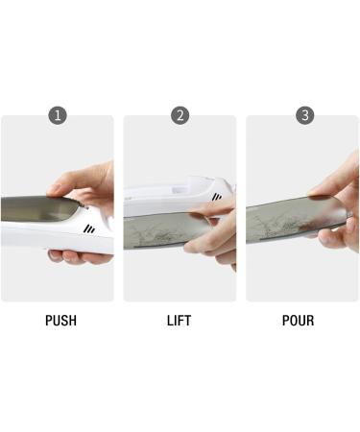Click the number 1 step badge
[58, 115]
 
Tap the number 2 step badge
[180, 115]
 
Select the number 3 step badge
[305, 115]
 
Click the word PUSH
[60, 321]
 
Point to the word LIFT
[180, 321]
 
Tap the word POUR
[299, 321]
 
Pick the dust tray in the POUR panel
[288, 223]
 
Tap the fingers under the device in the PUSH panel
[77, 256]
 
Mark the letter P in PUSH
[49, 321]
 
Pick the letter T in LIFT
[190, 321]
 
